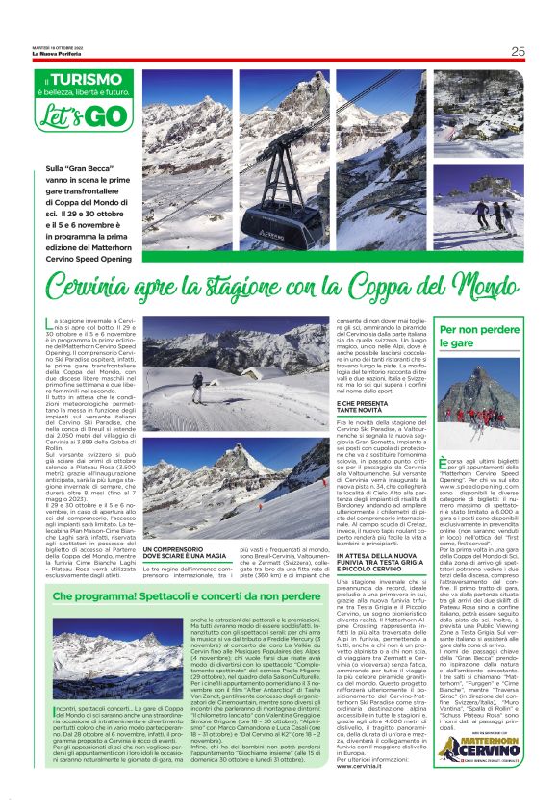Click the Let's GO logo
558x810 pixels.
71,116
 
